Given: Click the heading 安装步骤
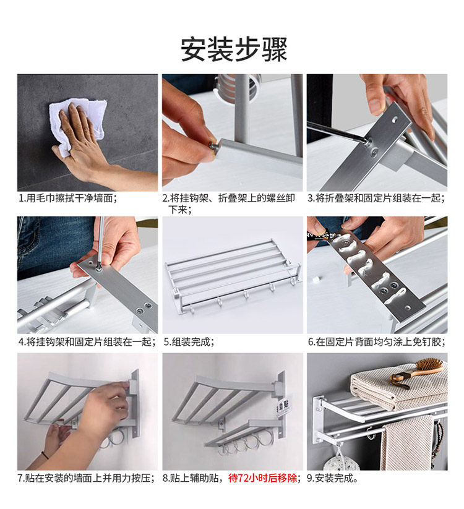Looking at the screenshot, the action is coord(234,49).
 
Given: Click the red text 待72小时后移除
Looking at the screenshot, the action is coord(263,478).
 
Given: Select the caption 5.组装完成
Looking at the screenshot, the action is coord(189,342).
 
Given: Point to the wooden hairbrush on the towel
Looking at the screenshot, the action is coord(417,373).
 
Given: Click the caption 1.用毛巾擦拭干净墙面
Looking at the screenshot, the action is coord(67,198).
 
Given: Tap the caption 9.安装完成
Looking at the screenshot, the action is coord(332,478).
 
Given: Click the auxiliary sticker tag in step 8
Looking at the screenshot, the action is coord(283,409).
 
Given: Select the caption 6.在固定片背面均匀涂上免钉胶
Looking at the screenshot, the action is coord(377,342).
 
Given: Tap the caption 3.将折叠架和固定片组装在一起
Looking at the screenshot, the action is coord(377,198).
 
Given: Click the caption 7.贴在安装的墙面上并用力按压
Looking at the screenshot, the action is coord(87,478).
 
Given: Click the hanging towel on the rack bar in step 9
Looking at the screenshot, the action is coord(407,443).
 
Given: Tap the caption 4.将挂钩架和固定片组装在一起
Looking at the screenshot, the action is coord(88,342).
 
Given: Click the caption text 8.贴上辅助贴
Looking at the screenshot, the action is coord(192,478).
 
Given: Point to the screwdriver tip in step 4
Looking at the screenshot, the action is coord(99,268).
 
